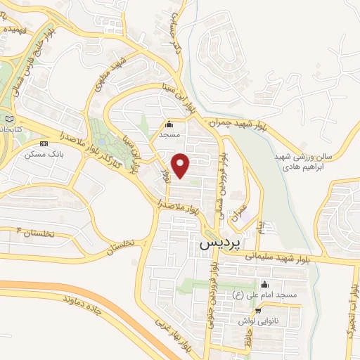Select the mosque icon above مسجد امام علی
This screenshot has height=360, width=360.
264,285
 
